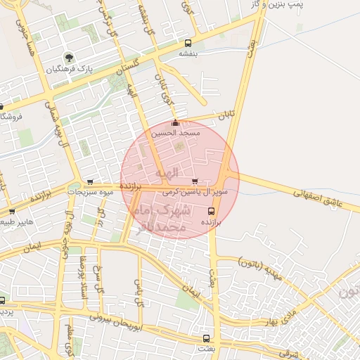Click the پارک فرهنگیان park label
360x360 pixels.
point(69,70)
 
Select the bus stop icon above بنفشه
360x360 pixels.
point(187,42)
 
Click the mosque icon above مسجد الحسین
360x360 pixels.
point(175,124)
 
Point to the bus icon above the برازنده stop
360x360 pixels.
point(212,209)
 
